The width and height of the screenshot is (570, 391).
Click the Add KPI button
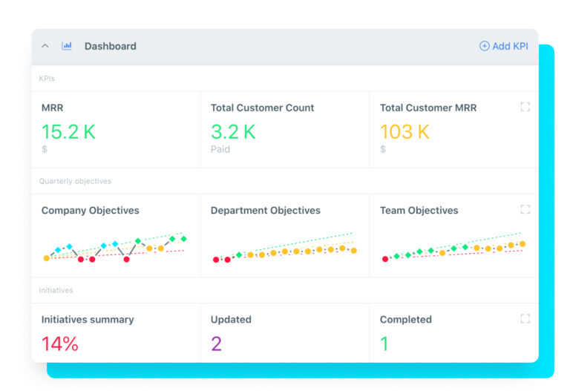tap(504, 46)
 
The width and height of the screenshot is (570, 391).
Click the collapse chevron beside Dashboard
tap(45, 46)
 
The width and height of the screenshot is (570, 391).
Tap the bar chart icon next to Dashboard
tap(67, 46)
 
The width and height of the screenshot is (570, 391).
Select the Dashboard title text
tap(110, 46)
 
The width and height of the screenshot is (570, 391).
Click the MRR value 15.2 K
tap(68, 132)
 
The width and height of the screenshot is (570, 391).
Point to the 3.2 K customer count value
tap(233, 132)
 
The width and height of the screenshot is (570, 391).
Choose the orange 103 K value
tap(404, 132)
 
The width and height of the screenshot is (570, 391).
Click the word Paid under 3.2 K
tap(220, 149)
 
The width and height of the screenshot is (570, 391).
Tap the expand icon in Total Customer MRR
tap(525, 107)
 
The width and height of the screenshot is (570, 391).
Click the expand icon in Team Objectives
tap(525, 210)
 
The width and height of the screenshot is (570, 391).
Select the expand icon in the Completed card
tap(525, 319)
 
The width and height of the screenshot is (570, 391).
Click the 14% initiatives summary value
tap(59, 344)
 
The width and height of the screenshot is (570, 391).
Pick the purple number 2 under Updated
tap(216, 344)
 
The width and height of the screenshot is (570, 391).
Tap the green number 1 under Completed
tap(384, 344)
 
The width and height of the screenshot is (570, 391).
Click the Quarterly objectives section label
tap(75, 181)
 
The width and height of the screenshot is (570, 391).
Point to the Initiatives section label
tap(56, 290)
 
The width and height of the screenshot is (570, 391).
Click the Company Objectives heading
tap(90, 211)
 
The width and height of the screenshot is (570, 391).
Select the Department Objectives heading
tap(265, 211)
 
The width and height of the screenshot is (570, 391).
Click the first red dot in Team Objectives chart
tap(385, 259)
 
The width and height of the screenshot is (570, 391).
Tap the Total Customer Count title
tap(262, 108)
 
